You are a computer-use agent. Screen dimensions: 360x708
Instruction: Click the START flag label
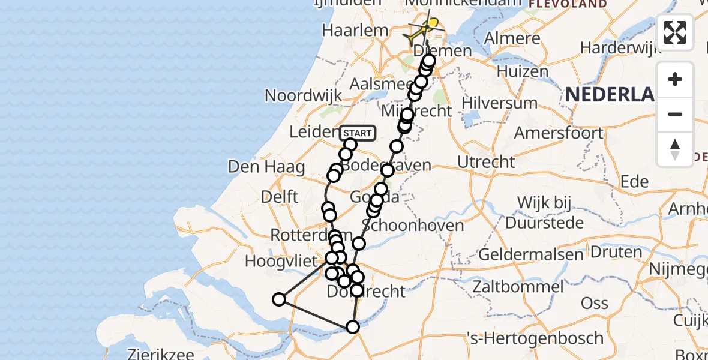358,133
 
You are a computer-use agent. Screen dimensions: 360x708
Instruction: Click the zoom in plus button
675,79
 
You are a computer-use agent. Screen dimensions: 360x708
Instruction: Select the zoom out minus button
675,114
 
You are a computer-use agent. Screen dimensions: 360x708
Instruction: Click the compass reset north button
675,149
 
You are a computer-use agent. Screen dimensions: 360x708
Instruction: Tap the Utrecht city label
486,162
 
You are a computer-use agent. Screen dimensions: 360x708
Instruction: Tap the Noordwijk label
303,95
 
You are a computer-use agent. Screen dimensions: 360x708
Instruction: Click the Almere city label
512,39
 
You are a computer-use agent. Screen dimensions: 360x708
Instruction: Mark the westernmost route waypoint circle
279,299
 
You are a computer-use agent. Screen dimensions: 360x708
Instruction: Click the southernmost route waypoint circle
352,326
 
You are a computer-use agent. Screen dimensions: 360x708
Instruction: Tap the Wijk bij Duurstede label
544,212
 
